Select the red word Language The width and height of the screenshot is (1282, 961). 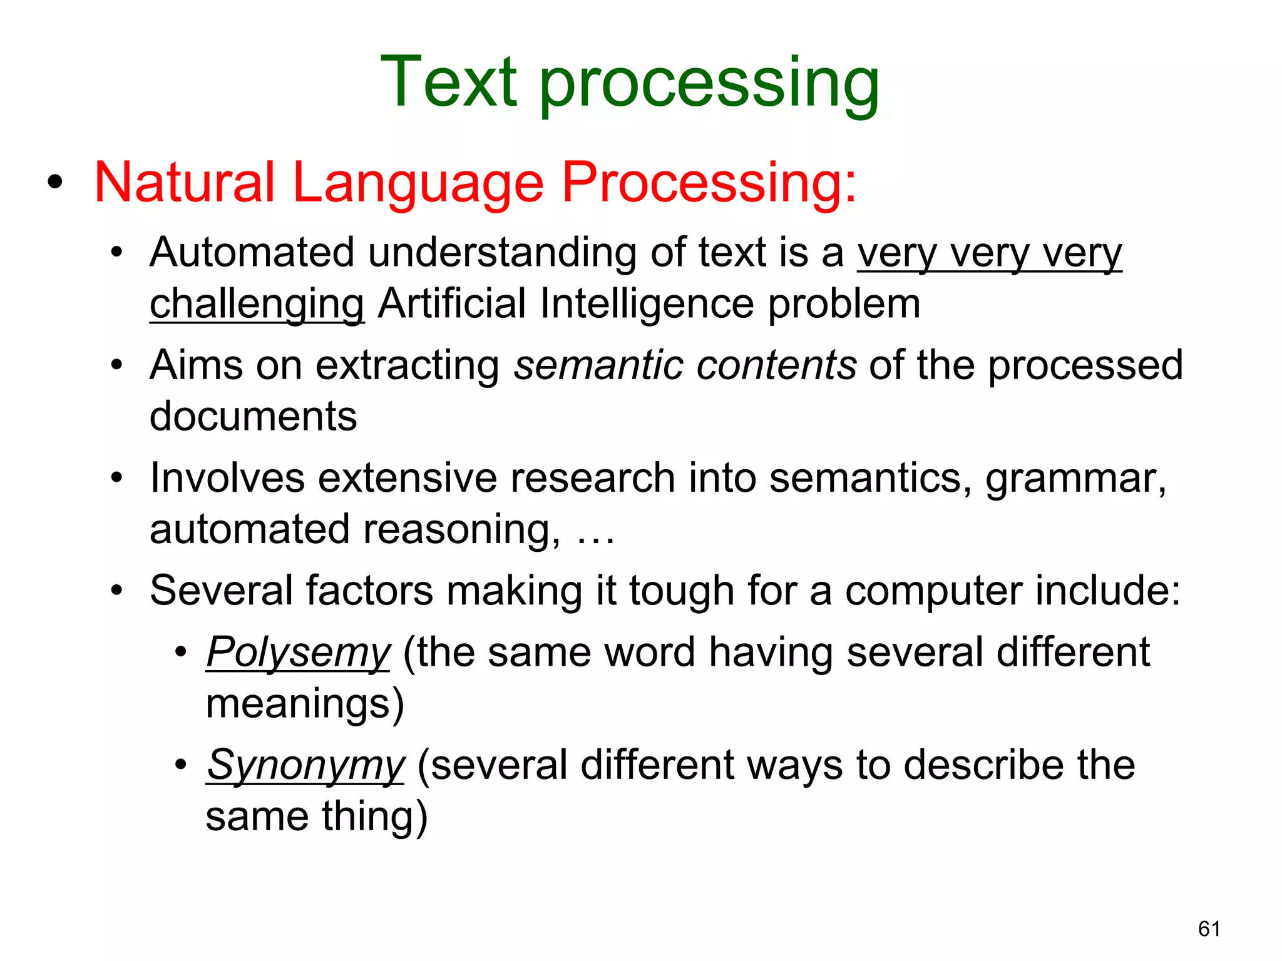pyautogui.click(x=418, y=184)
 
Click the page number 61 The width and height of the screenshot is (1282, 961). pyautogui.click(x=1209, y=929)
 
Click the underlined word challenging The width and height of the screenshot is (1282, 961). pyautogui.click(x=257, y=305)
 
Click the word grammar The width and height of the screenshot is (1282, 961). pyautogui.click(x=1075, y=479)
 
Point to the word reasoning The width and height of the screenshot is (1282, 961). pyautogui.click(x=461, y=531)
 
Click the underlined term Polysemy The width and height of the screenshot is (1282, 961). pyautogui.click(x=298, y=653)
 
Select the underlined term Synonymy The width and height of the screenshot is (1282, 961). pyautogui.click(x=305, y=766)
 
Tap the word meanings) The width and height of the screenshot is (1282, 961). pyautogui.click(x=305, y=704)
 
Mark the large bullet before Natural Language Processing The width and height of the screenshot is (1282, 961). pyautogui.click(x=55, y=182)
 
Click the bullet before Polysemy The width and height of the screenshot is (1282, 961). pyautogui.click(x=181, y=652)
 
